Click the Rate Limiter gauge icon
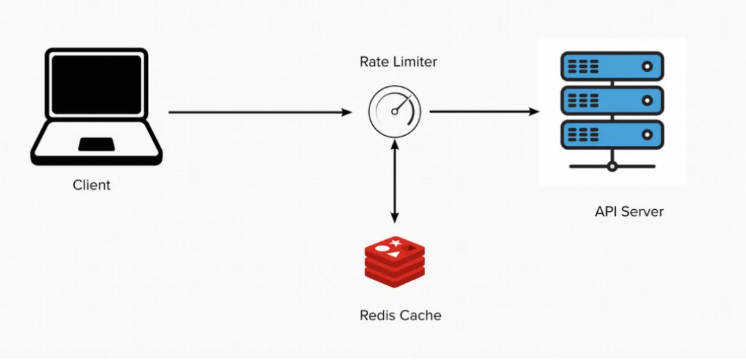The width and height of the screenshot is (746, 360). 394,112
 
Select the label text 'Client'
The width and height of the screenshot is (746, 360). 91,185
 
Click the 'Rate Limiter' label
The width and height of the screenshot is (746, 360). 398,62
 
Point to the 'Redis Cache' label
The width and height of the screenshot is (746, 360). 400,315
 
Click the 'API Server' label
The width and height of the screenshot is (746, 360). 629,211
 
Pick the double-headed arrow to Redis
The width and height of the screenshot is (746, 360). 394,182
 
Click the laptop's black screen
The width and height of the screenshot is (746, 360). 97,84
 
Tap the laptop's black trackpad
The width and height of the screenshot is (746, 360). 96,144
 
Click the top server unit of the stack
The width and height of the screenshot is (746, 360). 612,67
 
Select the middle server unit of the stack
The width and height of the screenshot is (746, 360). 612,99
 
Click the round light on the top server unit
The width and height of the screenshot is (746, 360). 646,67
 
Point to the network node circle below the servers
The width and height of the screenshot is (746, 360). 612,166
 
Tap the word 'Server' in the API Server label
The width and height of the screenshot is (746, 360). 642,211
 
